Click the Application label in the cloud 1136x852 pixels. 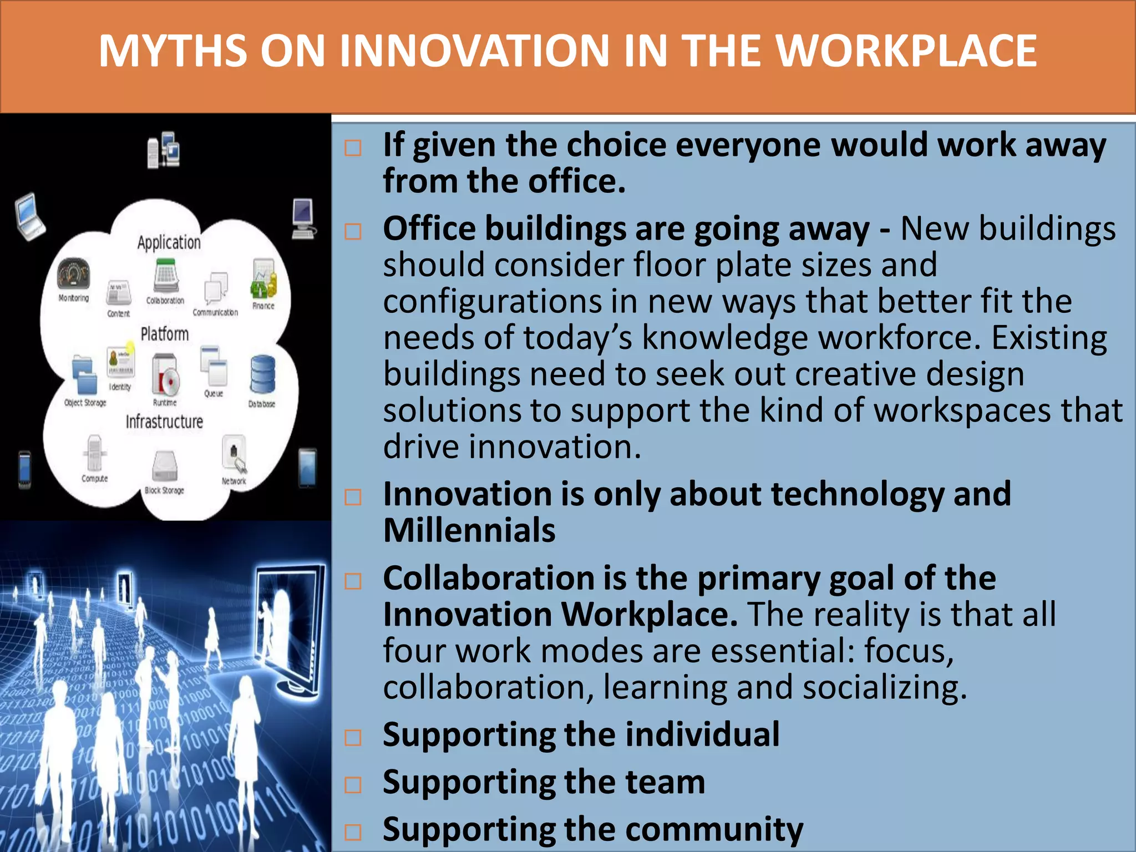169,242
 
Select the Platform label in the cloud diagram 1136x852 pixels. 164,334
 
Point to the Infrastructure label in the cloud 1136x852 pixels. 164,422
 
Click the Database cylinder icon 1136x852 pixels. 262,375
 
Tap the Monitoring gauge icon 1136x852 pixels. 73,273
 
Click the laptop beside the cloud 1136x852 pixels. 29,216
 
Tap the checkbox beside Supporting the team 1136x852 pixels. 353,784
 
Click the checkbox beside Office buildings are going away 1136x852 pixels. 353,231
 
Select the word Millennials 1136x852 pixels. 469,530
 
